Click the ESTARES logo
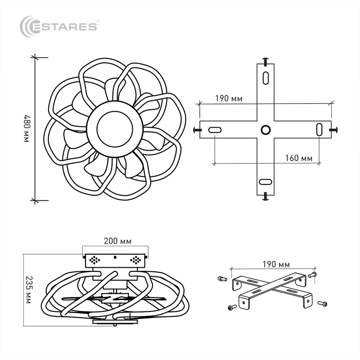point(58,27)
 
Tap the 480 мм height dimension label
point(27,129)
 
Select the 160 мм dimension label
point(299,158)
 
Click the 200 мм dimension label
point(117,241)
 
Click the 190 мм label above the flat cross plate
point(229,99)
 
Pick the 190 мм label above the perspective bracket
point(276,264)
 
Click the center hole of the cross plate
point(265,130)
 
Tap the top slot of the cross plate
point(265,78)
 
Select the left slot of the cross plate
point(215,130)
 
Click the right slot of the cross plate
point(319,130)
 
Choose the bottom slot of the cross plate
point(265,182)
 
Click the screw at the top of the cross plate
point(265,61)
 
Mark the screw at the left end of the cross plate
point(197,130)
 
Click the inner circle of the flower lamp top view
point(115,129)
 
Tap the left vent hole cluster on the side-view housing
point(94,260)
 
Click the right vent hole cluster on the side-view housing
point(135,260)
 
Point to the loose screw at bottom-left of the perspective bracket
point(232,307)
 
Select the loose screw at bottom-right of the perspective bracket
point(323,303)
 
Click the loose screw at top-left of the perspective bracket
point(222,279)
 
